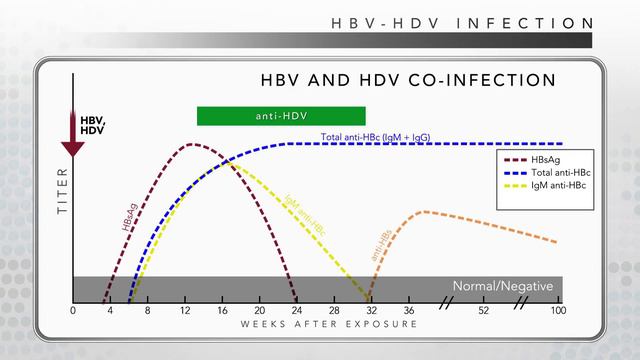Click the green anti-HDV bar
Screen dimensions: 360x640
tap(281, 116)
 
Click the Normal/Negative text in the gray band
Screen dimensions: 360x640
tap(503, 286)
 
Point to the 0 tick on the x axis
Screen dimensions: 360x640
tap(73, 310)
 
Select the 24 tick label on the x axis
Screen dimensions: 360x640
tap(297, 310)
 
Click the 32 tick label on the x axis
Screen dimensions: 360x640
tap(372, 310)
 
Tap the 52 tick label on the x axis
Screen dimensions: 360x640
tap(484, 310)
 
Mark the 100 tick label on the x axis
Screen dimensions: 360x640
tap(558, 310)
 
